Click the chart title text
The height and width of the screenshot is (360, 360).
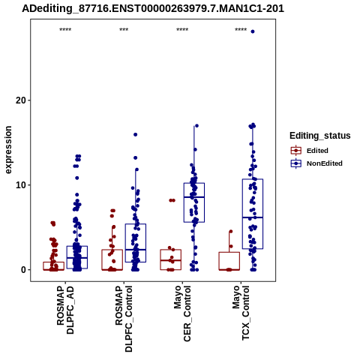click(153, 8)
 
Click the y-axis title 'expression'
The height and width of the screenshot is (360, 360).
click(8, 150)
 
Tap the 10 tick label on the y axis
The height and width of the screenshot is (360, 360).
click(21, 185)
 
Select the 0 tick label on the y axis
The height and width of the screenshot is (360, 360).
click(24, 270)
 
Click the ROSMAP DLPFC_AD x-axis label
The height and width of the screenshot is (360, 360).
click(65, 310)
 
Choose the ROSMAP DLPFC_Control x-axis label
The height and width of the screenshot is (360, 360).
click(124, 319)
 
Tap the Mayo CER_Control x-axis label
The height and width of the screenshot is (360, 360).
click(182, 313)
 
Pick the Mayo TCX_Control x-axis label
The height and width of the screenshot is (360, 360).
click(241, 313)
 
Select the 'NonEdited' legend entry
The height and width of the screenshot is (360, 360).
click(316, 163)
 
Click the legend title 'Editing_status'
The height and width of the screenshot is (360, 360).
click(320, 136)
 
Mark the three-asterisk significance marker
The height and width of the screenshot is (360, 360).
click(124, 29)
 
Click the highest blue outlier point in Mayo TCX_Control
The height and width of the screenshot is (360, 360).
click(253, 31)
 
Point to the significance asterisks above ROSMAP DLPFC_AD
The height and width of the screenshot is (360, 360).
click(65, 29)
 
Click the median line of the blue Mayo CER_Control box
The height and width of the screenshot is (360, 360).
click(194, 197)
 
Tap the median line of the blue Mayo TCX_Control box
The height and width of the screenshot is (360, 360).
click(253, 217)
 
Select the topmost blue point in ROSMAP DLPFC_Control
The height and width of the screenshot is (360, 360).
click(136, 134)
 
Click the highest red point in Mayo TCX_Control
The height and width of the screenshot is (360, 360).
click(231, 232)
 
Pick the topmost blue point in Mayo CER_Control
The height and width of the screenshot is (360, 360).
click(196, 126)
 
